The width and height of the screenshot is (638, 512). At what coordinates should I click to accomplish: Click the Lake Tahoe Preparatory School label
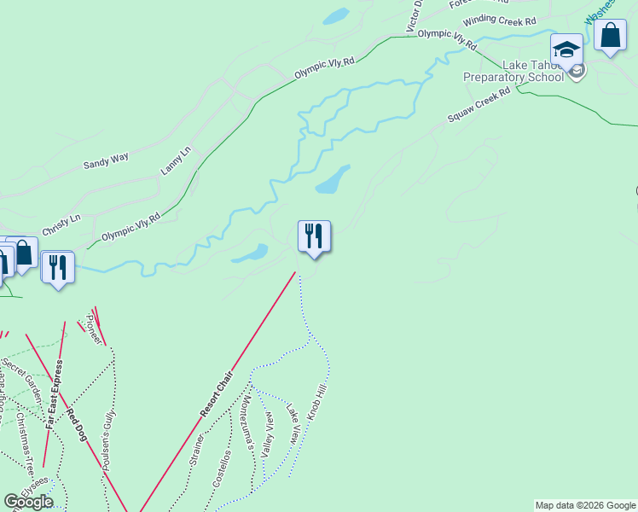click(513, 71)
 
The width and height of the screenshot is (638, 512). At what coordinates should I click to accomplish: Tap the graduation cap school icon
click(566, 49)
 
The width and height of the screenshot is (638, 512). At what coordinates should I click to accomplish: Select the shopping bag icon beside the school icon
click(610, 36)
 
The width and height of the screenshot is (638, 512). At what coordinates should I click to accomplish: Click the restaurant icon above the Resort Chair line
click(314, 236)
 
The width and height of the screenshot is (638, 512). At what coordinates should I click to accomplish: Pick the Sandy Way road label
click(106, 159)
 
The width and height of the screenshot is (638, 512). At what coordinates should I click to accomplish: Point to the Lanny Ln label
click(177, 161)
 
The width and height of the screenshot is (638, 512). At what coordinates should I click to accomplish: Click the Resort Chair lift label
click(217, 393)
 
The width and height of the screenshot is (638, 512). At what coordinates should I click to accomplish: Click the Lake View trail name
click(293, 423)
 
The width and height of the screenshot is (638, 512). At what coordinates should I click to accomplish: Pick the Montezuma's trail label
click(246, 422)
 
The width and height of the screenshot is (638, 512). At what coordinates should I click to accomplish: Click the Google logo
click(29, 502)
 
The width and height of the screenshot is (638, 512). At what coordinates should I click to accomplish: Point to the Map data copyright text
click(585, 505)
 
